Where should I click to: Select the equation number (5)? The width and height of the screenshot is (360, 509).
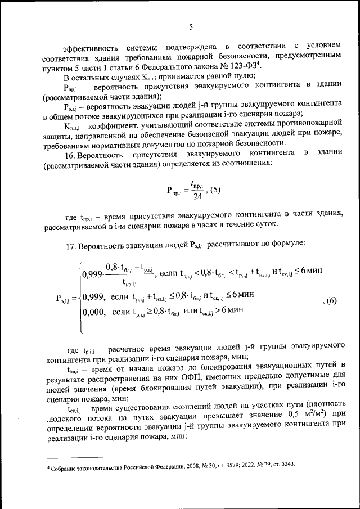pyautogui.click(x=212, y=190)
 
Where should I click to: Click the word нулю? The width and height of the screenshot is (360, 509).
pyautogui.click(x=245, y=77)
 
